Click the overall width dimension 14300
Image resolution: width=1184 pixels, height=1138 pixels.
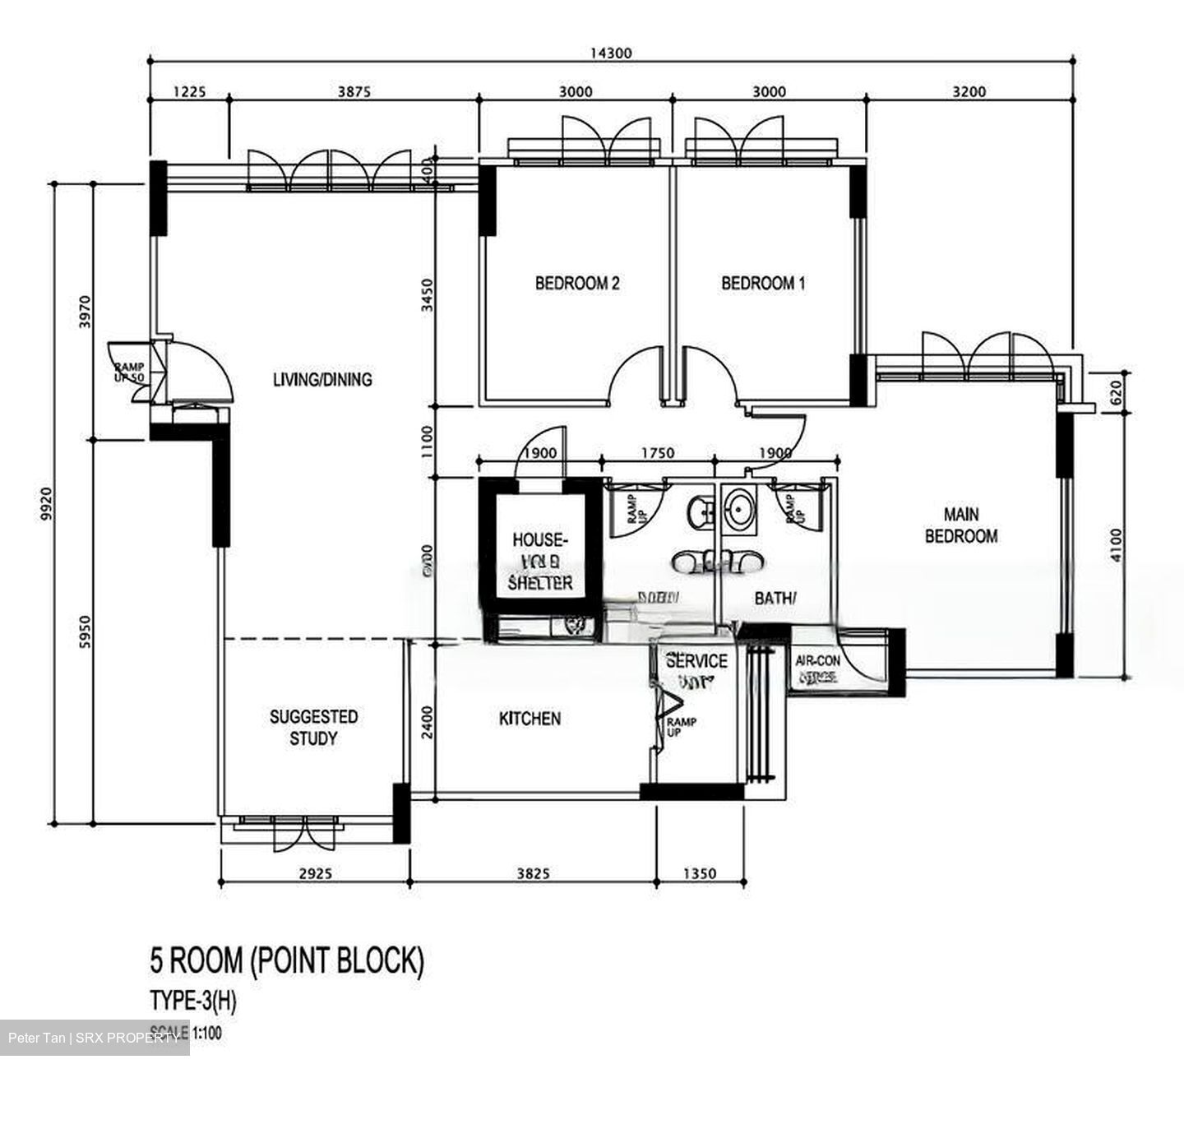click(x=610, y=53)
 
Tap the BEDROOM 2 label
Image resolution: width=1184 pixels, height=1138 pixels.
click(x=577, y=284)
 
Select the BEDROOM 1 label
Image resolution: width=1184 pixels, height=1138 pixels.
click(x=763, y=284)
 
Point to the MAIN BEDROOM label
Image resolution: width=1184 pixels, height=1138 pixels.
click(x=960, y=525)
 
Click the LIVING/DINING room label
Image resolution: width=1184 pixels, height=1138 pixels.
click(x=322, y=379)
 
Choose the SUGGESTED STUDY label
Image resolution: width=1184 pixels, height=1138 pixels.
click(x=313, y=728)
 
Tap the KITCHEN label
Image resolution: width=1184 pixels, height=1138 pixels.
click(x=530, y=719)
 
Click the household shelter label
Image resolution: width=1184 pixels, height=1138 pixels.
click(x=539, y=562)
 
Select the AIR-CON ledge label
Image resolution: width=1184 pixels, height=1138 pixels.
click(x=816, y=668)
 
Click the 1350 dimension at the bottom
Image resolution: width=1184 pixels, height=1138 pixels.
click(x=699, y=874)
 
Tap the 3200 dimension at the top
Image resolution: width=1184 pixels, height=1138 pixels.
click(x=969, y=92)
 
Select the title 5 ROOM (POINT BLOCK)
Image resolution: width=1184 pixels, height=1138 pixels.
click(x=287, y=960)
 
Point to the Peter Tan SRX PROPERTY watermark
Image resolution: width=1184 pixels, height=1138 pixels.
click(x=94, y=1038)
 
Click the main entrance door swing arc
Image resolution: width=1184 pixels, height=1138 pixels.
click(x=206, y=370)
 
